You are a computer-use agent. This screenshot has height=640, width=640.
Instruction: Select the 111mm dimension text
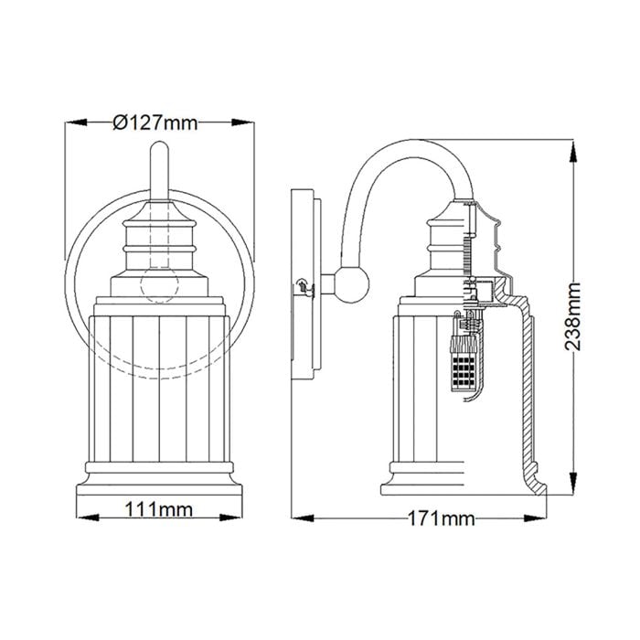tap(159, 507)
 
